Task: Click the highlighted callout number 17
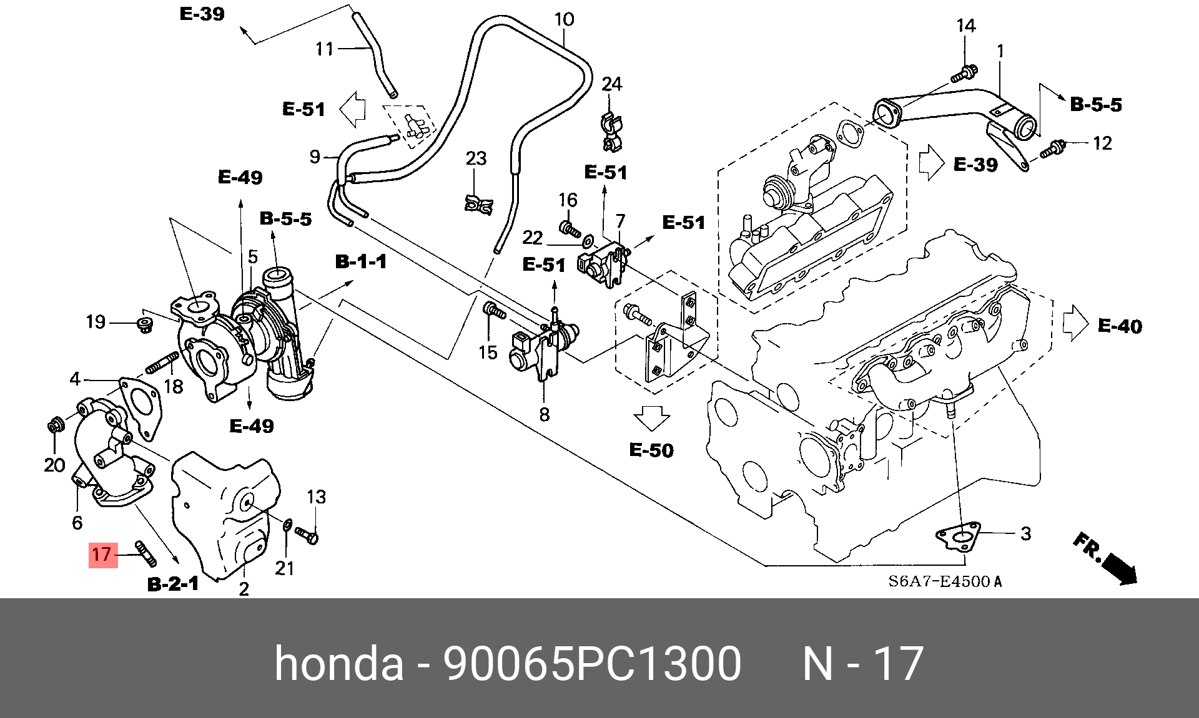click(101, 554)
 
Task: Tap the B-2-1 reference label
click(173, 584)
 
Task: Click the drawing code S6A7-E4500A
click(945, 581)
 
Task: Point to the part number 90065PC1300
click(592, 663)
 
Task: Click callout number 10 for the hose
click(564, 19)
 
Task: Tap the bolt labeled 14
click(964, 74)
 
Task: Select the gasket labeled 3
click(958, 537)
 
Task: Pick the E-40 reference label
click(1120, 326)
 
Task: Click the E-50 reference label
click(651, 450)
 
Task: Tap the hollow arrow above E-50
click(651, 418)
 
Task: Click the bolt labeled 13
click(307, 535)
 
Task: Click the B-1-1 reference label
click(361, 261)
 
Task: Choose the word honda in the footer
click(339, 663)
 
